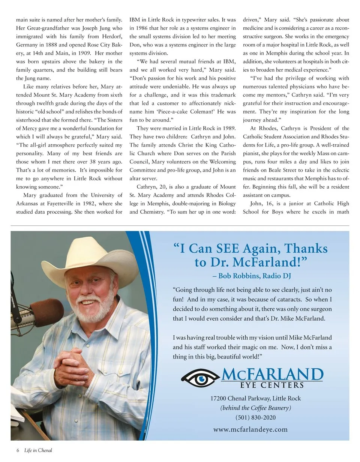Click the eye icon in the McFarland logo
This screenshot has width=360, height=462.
[200, 378]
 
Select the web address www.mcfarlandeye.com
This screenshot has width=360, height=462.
[250, 429]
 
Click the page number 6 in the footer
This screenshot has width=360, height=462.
[18, 450]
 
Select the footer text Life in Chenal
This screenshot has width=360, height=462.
[38, 450]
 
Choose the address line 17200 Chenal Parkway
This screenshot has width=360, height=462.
[255, 398]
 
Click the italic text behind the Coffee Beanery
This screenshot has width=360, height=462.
[255, 408]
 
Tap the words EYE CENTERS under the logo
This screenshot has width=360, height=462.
[272, 385]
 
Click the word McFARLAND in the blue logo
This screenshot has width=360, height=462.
[272, 374]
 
